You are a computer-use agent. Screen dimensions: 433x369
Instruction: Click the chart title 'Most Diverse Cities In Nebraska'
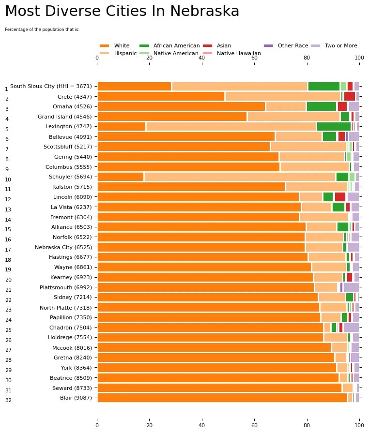122,12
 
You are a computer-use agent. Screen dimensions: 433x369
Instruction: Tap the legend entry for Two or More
340,45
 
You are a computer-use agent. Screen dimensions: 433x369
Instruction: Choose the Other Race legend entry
292,45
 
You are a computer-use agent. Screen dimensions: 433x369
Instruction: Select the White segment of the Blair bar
222,398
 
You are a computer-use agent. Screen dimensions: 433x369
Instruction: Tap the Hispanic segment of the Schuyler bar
240,177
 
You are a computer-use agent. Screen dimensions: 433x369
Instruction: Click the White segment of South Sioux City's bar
134,86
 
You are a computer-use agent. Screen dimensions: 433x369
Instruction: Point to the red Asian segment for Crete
349,96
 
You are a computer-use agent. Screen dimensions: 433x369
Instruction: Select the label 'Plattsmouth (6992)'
65,287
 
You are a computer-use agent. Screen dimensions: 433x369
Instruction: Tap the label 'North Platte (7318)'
65,307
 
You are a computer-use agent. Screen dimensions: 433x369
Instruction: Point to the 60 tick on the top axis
254,58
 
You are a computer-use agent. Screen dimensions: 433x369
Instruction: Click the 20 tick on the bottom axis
150,425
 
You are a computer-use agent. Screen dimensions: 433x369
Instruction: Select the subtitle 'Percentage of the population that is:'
42,30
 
